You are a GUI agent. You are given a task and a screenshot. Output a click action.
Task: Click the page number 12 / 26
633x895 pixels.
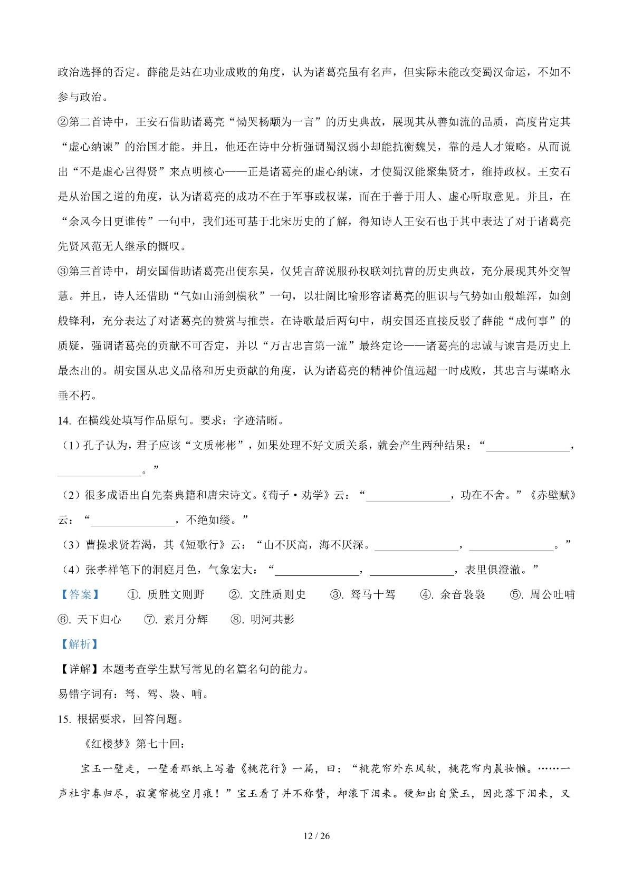pos(316,835)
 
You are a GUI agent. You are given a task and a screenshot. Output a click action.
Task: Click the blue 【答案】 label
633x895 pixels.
pos(79,594)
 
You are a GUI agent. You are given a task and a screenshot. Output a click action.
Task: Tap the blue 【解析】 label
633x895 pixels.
pos(79,644)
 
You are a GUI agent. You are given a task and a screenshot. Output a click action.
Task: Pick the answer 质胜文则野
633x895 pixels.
pos(176,594)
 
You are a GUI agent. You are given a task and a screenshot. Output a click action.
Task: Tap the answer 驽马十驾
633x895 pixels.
pos(372,594)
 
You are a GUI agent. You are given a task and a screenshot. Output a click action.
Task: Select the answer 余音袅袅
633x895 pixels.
pos(463,594)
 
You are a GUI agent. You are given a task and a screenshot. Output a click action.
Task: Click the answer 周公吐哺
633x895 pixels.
pos(552,594)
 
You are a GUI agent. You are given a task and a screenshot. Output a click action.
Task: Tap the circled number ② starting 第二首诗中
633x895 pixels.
pos(63,122)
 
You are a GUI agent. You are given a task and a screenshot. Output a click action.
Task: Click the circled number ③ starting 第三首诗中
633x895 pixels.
pos(63,271)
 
